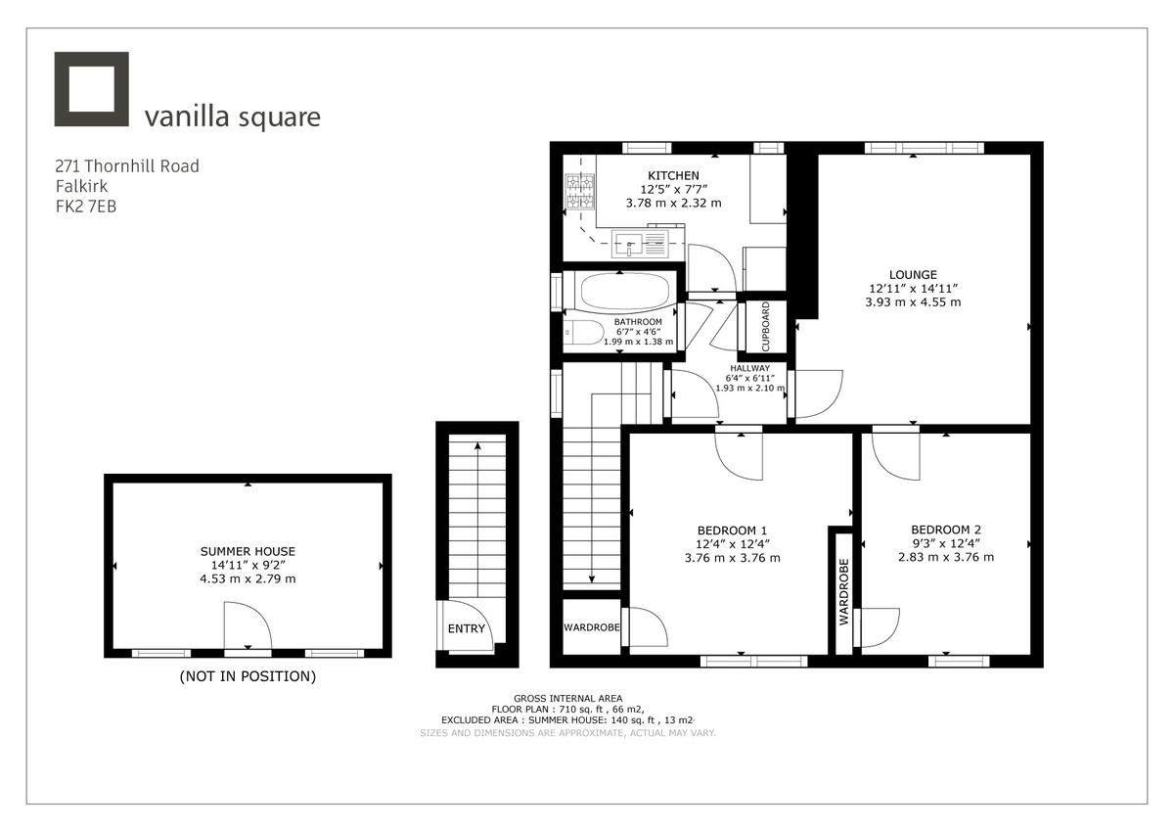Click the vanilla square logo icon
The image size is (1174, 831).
click(92, 89)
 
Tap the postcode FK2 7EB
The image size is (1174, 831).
click(86, 207)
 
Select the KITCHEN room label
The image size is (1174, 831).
click(673, 175)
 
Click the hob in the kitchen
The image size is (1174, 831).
click(580, 191)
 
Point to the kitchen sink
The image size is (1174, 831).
click(641, 241)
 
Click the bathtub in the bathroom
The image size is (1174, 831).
click(625, 291)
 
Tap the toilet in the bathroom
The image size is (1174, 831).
click(584, 333)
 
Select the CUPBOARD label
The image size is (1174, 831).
click(766, 327)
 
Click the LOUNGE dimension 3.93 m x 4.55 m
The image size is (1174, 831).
click(913, 302)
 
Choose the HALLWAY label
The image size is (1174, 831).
click(749, 368)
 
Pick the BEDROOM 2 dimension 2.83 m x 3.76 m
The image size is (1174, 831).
click(945, 557)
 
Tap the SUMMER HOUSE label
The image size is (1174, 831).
click(248, 551)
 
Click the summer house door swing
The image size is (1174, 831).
click(247, 627)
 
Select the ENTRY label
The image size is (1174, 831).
click(466, 628)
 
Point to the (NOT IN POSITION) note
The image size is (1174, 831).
click(248, 676)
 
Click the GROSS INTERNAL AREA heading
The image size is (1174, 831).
click(567, 698)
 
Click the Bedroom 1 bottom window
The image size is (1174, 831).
click(753, 662)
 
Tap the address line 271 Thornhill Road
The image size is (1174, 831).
click(127, 166)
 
